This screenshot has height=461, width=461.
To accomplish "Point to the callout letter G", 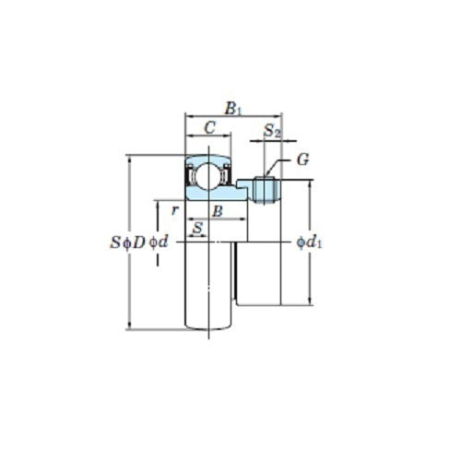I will tap(302, 160).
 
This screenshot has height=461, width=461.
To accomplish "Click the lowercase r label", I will tap(173, 210).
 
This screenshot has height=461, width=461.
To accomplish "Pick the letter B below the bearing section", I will tap(218, 211).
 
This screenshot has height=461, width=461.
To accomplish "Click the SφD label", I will tap(127, 242).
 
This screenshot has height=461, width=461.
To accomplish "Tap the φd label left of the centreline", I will tap(160, 242).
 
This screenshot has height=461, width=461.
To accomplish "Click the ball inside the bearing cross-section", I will tap(208, 173).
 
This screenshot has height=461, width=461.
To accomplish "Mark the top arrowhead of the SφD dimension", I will tap(129, 159).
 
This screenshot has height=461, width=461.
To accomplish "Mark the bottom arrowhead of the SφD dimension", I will tap(129, 325).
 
